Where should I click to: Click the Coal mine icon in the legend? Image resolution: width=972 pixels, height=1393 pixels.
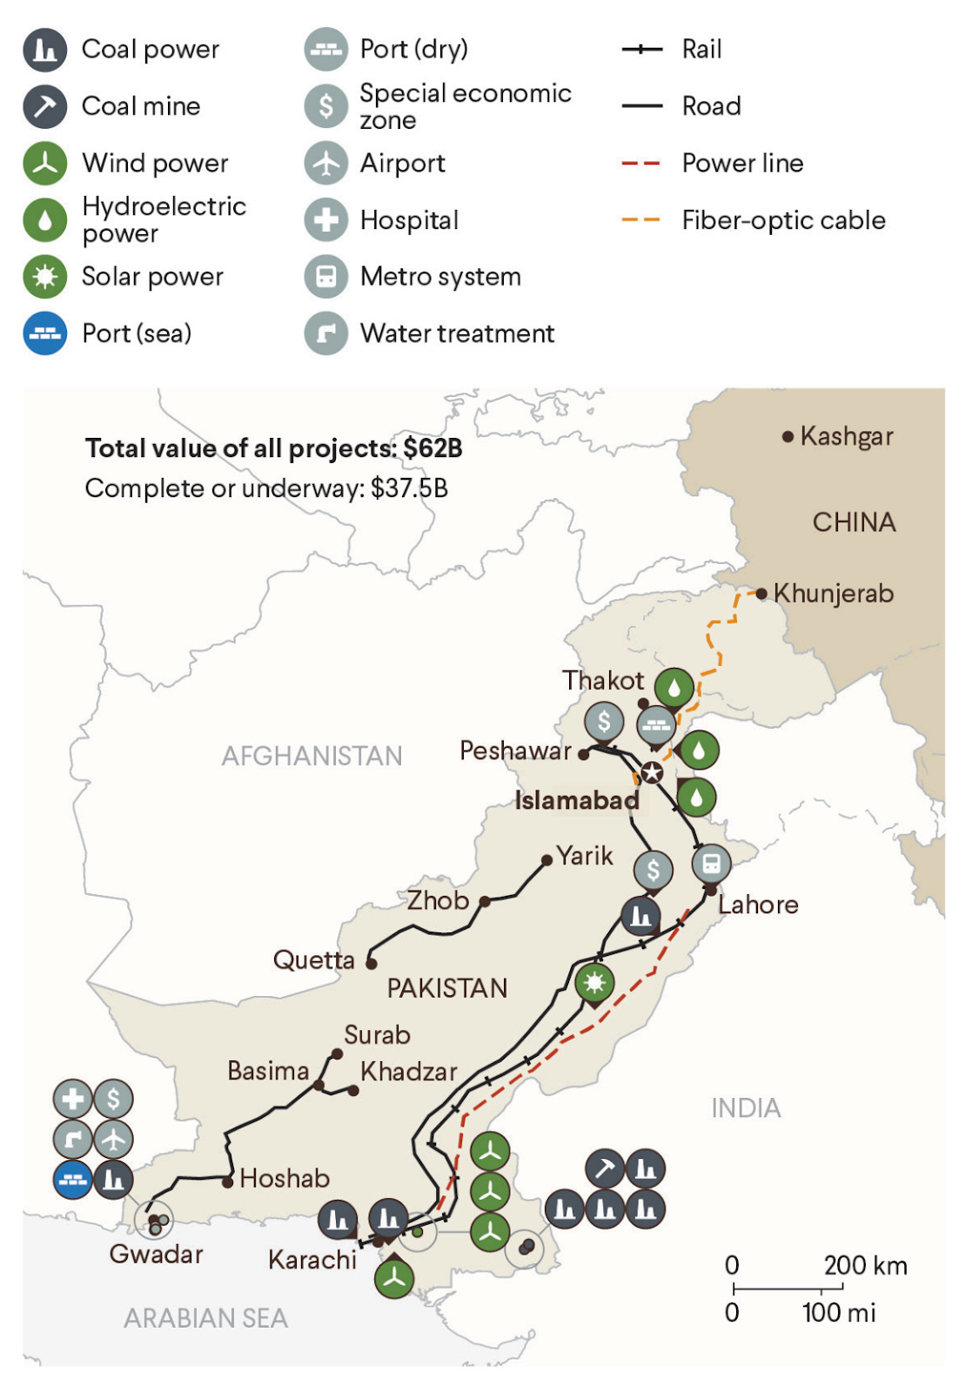point(44,106)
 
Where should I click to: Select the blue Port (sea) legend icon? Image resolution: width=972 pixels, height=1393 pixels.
point(44,333)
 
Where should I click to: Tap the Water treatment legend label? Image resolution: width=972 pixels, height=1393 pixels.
point(457,333)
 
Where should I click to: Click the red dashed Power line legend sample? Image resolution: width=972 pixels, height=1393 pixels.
point(641,163)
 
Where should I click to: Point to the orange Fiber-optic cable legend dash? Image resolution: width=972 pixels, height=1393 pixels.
point(641,220)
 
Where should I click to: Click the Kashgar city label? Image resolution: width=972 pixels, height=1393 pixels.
point(846,436)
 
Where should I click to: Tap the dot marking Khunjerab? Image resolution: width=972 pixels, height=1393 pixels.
point(761,594)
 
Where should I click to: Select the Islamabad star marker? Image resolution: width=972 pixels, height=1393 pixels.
point(652,772)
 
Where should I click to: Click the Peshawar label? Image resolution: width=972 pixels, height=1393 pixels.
point(515,750)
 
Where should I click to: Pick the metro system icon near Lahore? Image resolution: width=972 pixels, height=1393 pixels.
point(711,864)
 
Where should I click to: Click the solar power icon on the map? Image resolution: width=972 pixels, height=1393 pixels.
point(594,983)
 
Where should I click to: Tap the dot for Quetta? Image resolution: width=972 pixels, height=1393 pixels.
point(372,963)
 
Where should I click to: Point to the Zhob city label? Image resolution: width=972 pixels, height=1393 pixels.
point(438,900)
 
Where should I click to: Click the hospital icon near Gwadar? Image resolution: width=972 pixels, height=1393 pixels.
point(73,1099)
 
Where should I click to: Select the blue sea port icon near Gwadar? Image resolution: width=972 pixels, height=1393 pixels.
point(73,1180)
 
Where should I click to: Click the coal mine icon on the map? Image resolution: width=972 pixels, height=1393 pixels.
point(605,1168)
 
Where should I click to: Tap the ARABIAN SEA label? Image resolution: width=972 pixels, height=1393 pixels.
point(205,1318)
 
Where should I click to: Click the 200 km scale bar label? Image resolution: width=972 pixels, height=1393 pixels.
point(865,1265)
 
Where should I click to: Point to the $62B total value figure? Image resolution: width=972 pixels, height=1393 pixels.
point(432,448)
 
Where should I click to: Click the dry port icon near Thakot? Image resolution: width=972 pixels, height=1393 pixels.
point(656,724)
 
